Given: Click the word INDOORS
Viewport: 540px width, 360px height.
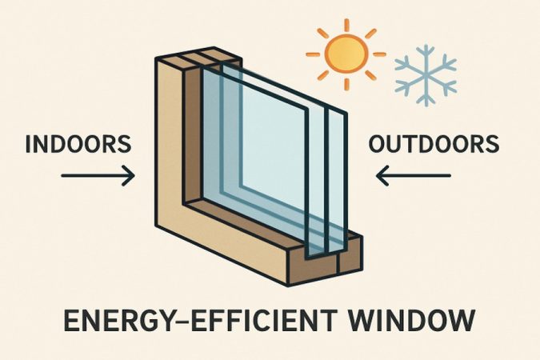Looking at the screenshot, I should [x=78, y=146].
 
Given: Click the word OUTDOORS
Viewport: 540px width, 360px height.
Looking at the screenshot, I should [x=434, y=146].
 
